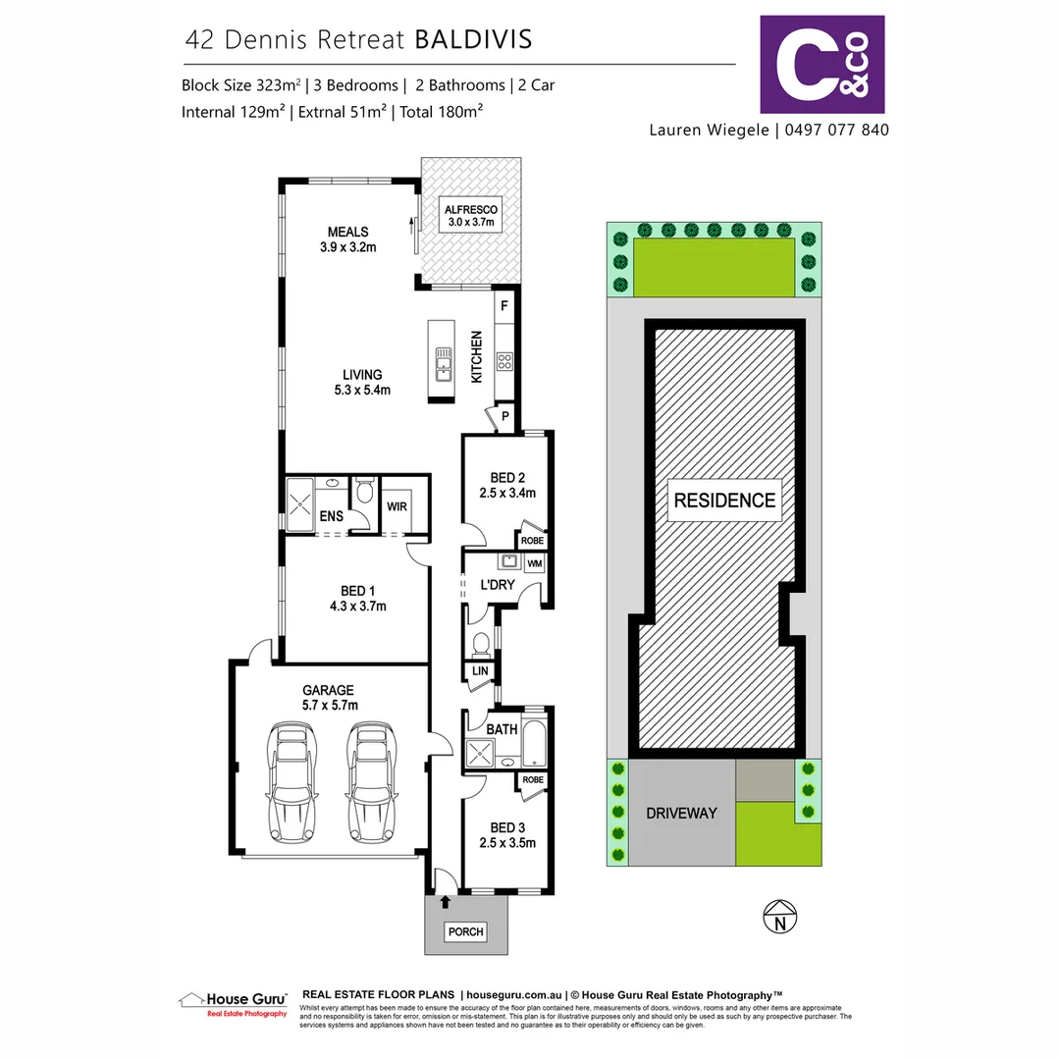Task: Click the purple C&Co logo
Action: click(x=822, y=65)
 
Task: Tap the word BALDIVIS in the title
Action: click(x=473, y=39)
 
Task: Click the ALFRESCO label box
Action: click(x=472, y=217)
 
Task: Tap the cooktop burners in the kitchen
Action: click(x=504, y=361)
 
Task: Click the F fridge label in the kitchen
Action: click(x=503, y=306)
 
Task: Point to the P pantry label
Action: click(x=505, y=416)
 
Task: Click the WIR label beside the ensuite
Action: click(x=397, y=506)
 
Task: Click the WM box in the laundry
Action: click(x=534, y=564)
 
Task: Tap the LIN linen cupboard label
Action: click(x=479, y=671)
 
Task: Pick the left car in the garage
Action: click(x=291, y=781)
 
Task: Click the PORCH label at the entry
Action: click(x=465, y=931)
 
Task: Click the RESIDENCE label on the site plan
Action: click(x=724, y=500)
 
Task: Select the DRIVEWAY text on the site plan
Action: click(x=681, y=814)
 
